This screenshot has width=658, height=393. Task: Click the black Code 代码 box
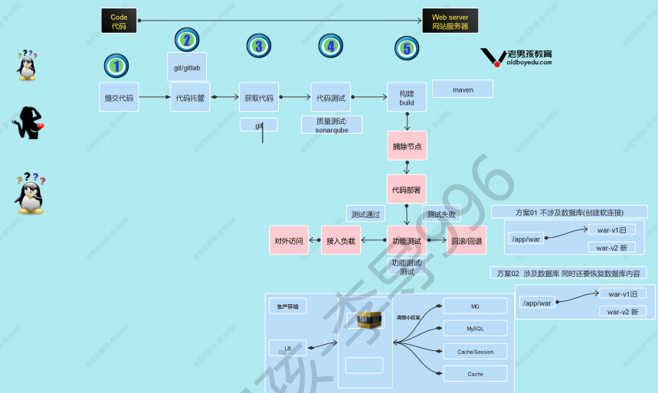point(119,21)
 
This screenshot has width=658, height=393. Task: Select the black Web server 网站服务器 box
point(450,21)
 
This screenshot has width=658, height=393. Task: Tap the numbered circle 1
point(116,66)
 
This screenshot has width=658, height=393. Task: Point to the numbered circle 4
point(330,47)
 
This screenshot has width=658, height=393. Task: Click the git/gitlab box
point(187,67)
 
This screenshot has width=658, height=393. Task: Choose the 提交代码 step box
point(119,97)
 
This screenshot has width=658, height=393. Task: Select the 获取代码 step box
point(259,97)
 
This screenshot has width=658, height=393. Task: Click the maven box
point(463,89)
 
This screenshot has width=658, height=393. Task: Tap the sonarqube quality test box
point(332,125)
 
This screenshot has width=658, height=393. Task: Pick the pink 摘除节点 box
point(407,145)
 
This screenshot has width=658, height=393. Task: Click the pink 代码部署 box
point(407,189)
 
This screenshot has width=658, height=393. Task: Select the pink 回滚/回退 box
point(466,240)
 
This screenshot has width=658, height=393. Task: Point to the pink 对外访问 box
point(289,240)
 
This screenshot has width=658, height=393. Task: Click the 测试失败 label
point(441,214)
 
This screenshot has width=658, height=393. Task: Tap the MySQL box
point(475,328)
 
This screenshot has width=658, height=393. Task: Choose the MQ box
point(475,306)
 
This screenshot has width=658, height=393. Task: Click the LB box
point(288,348)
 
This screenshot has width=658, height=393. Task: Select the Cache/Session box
point(475,352)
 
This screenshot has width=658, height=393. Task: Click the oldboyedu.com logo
point(516,57)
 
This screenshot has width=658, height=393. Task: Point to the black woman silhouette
point(29,122)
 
